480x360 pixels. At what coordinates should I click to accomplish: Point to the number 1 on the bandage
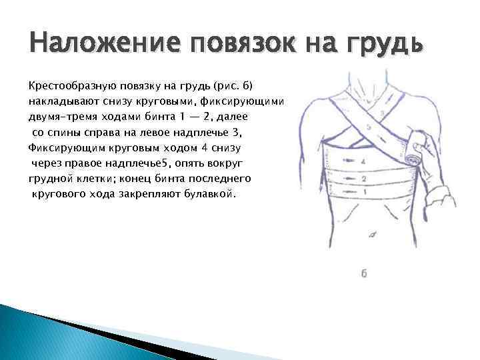tap(365, 192)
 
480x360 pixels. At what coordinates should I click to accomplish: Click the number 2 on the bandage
tap(364, 179)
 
